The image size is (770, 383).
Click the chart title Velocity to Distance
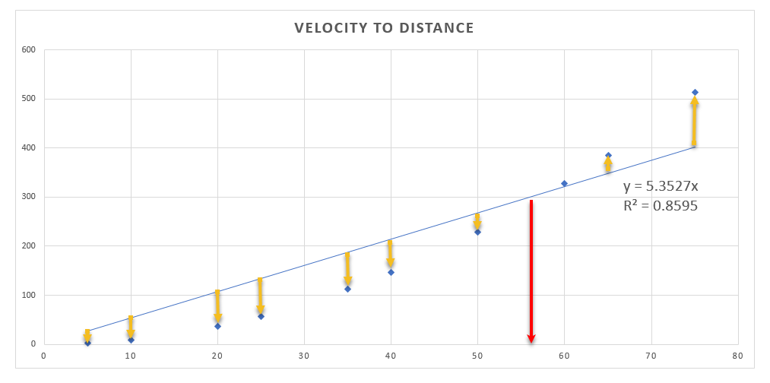384,28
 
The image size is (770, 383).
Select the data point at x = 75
695,93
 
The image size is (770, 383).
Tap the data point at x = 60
564,183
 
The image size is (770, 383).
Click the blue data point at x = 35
347,289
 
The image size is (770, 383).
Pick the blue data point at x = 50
477,232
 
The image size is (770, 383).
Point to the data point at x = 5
87,343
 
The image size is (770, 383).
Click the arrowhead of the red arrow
531,337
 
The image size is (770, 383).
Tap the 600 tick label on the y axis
29,50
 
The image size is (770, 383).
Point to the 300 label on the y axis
29,197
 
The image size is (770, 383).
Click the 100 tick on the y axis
29,295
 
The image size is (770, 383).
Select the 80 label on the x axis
737,355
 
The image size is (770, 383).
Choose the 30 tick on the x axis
304,355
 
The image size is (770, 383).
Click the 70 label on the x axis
651,355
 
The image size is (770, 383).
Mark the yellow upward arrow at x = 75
694,122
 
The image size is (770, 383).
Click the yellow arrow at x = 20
217,306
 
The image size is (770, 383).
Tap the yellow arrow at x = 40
391,254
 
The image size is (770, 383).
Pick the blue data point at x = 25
261,316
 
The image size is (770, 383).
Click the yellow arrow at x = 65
608,165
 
